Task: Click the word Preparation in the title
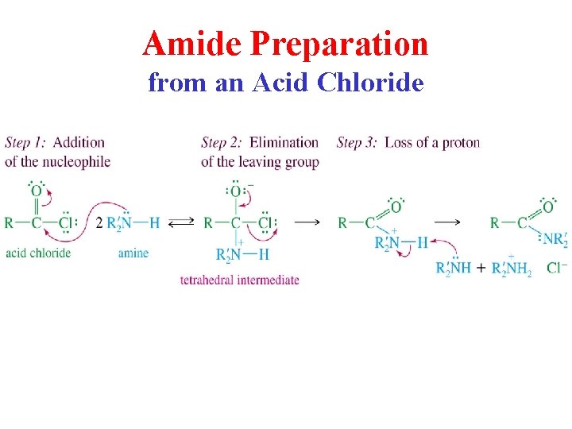[339, 44]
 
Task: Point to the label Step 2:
[222, 143]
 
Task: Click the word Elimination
[284, 143]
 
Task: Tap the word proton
[461, 143]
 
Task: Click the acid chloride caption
[37, 253]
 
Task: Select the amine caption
[133, 253]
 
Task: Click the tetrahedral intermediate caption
[239, 280]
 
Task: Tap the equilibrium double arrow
[181, 223]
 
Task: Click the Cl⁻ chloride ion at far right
[557, 268]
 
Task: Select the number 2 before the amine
[99, 223]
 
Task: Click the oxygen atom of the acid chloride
[36, 191]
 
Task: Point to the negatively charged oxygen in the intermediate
[236, 191]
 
